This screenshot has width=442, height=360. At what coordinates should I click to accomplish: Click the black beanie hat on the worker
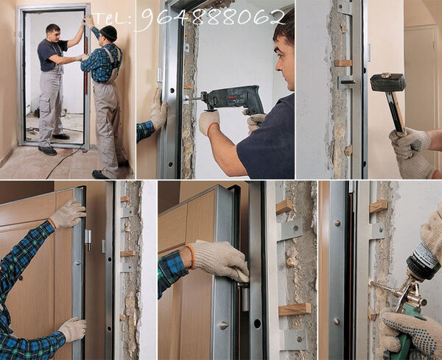pyautogui.click(x=108, y=32)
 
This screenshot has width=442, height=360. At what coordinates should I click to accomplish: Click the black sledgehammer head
pyautogui.click(x=388, y=82)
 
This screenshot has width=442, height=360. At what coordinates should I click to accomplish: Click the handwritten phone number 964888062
pyautogui.click(x=213, y=18)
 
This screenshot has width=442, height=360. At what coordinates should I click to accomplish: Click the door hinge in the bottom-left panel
pyautogui.click(x=88, y=239)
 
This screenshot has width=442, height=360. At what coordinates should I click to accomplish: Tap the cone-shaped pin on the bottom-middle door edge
pyautogui.click(x=223, y=325)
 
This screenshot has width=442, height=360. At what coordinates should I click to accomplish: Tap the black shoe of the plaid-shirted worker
pyautogui.click(x=99, y=174)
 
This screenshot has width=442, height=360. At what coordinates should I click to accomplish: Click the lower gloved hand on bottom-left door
pyautogui.click(x=73, y=329)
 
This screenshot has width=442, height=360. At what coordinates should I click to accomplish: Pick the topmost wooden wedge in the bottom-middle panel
pyautogui.click(x=284, y=206)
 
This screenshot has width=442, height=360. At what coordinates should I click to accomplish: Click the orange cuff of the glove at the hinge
pyautogui.click(x=191, y=256)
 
